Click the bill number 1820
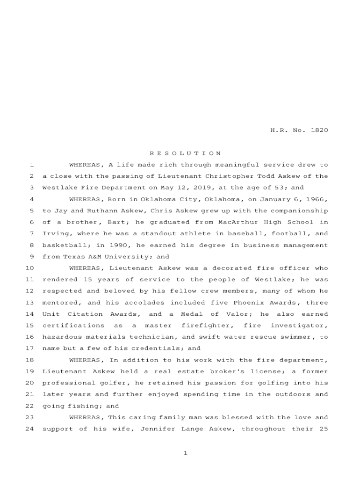(319, 130)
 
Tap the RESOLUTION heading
(185, 153)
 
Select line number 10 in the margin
(29, 268)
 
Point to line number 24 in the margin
(29, 428)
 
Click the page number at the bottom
(185, 453)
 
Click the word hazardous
(60, 337)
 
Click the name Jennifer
(156, 428)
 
